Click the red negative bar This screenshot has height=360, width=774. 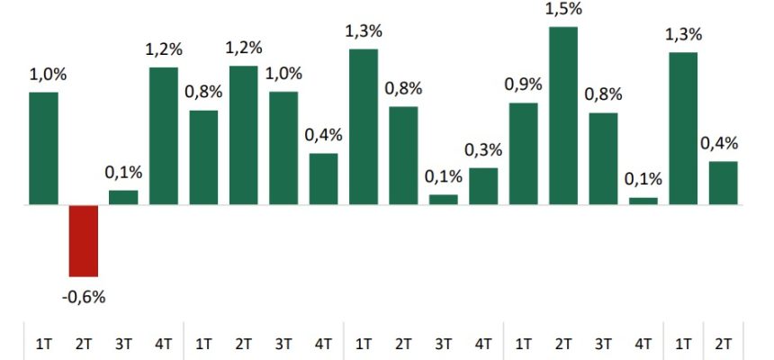[84, 240]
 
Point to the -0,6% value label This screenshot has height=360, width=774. [84, 296]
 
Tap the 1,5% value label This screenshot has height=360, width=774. [563, 9]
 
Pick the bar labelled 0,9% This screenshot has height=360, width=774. [523, 154]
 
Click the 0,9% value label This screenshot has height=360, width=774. [523, 85]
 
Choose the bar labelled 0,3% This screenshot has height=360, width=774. [483, 186]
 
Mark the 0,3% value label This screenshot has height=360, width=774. [483, 149]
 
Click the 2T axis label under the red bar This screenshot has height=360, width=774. [84, 343]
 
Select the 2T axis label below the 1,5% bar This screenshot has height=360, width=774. [563, 343]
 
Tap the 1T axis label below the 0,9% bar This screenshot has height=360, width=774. [523, 343]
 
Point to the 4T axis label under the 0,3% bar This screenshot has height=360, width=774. [483, 343]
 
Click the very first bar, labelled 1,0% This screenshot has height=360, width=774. [43, 148]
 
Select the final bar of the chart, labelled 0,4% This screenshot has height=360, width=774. [724, 183]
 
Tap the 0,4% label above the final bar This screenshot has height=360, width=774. [719, 143]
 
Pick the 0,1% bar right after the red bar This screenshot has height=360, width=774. [123, 197]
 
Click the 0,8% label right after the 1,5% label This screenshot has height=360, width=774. [603, 94]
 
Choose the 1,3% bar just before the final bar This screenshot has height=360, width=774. [683, 129]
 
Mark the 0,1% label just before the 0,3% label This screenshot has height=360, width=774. [443, 176]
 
